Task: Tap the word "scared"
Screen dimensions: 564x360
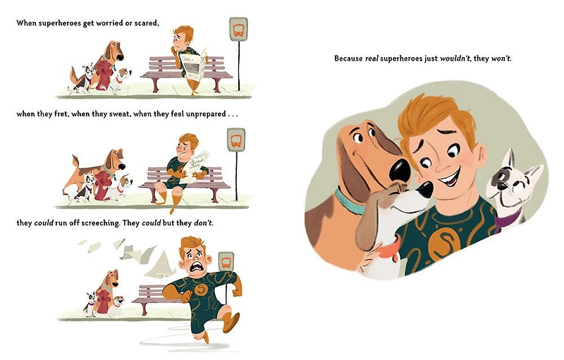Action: click(x=147, y=23)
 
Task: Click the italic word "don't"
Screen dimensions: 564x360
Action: click(x=203, y=223)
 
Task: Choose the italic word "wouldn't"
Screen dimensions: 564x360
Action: click(x=455, y=58)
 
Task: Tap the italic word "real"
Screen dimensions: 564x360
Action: click(x=372, y=58)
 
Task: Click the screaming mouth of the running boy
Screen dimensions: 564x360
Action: click(x=197, y=267)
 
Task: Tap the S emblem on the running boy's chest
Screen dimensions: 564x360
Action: click(x=201, y=289)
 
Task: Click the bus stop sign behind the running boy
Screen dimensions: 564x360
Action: click(x=226, y=261)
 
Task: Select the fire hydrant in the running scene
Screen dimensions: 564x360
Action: click(x=103, y=303)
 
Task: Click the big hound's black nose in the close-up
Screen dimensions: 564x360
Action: click(x=399, y=170)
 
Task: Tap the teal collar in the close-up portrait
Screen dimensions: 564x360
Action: click(x=349, y=202)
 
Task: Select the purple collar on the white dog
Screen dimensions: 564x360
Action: click(x=508, y=220)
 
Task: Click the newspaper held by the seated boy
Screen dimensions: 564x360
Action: click(x=193, y=66)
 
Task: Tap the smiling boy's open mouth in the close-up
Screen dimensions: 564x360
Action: click(x=450, y=177)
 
